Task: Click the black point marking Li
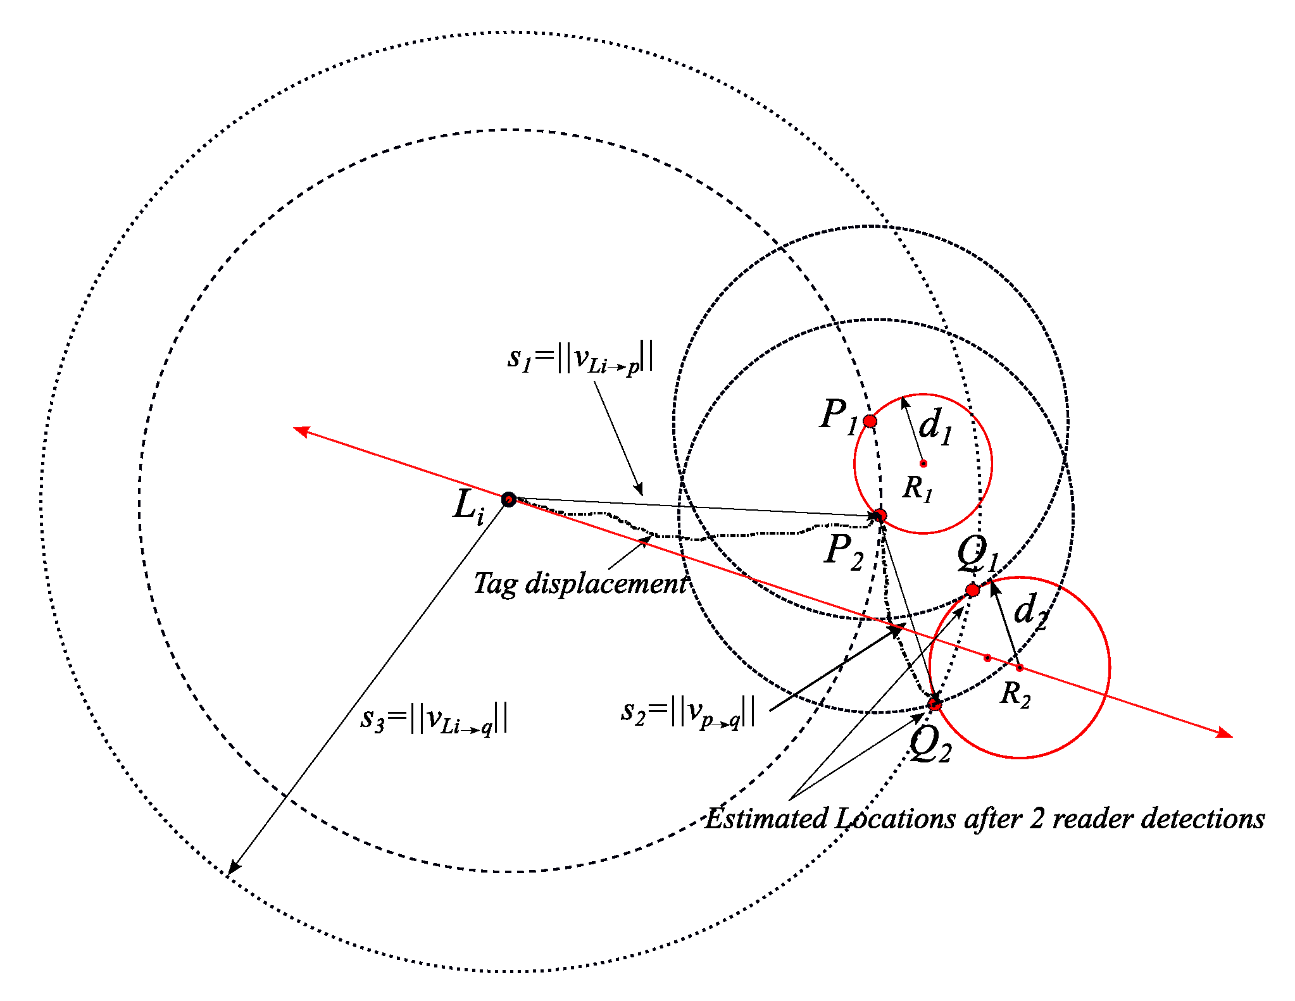(508, 500)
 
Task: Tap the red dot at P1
(870, 421)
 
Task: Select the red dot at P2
(879, 516)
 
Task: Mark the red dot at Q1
(972, 590)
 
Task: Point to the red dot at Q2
(935, 704)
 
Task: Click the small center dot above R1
(923, 464)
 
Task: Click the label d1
(935, 426)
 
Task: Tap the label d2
(1030, 611)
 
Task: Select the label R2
(1015, 694)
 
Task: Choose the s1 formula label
(580, 357)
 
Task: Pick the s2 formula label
(688, 712)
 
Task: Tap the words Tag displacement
(580, 583)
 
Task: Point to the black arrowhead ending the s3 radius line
(232, 869)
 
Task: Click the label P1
(838, 416)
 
